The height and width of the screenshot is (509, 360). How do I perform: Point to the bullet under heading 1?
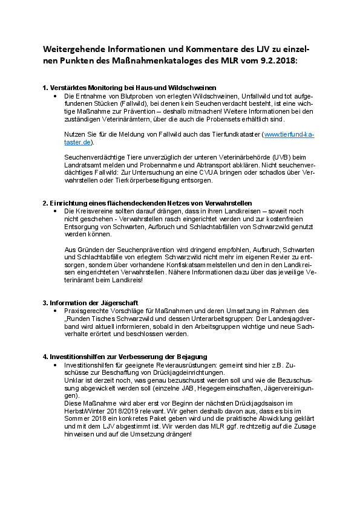click(55, 96)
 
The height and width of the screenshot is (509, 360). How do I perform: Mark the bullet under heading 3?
click(55, 310)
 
